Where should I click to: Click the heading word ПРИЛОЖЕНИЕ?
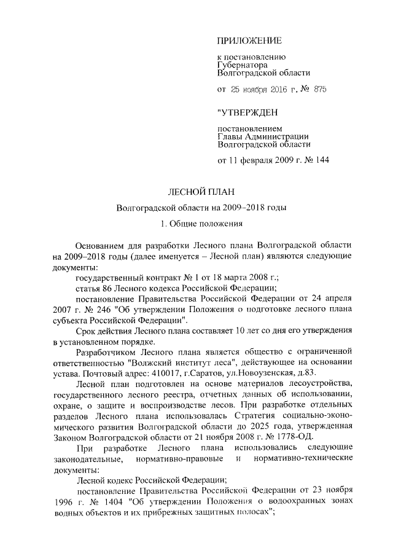(249, 41)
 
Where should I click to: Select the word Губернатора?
(243, 64)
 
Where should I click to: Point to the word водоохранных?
(297, 501)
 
